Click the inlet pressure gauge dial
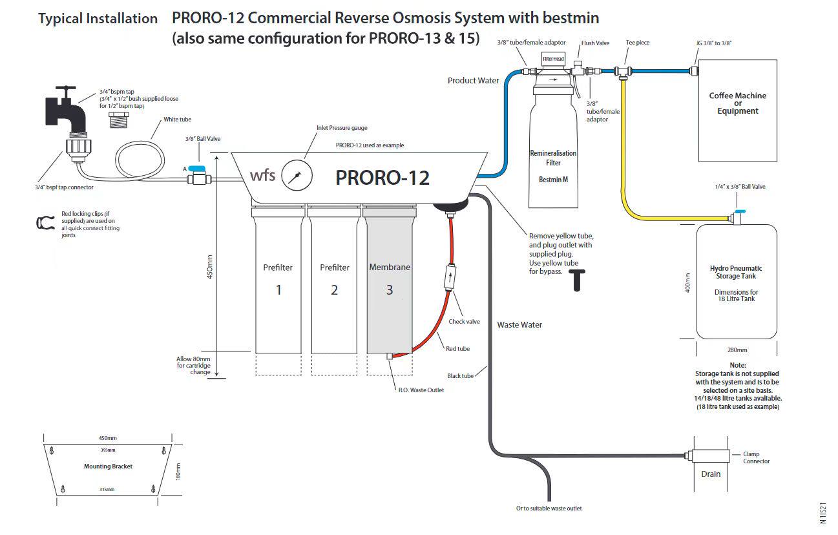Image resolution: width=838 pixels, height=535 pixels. coord(297,176)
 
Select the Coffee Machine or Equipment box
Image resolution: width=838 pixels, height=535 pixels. coord(737,110)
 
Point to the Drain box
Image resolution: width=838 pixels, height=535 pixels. coord(711,474)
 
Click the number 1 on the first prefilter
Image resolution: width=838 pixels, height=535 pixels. coord(278,290)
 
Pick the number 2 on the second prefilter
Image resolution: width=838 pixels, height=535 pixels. coord(334,290)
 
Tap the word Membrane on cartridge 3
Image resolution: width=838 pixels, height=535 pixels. coord(390,267)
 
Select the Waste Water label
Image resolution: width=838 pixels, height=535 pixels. coord(519,325)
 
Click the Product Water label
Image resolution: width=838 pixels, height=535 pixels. coord(474,81)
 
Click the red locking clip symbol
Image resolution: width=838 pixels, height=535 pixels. coord(44,222)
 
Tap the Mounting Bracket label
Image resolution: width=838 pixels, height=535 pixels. coord(108,467)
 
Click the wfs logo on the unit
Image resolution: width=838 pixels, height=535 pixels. coord(262,175)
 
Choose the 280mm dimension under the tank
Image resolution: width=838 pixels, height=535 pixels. coord(737,350)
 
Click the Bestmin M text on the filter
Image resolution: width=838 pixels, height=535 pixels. coord(553,179)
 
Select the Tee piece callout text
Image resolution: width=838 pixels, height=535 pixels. coord(638,43)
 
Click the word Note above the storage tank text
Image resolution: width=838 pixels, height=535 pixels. coord(737,365)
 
